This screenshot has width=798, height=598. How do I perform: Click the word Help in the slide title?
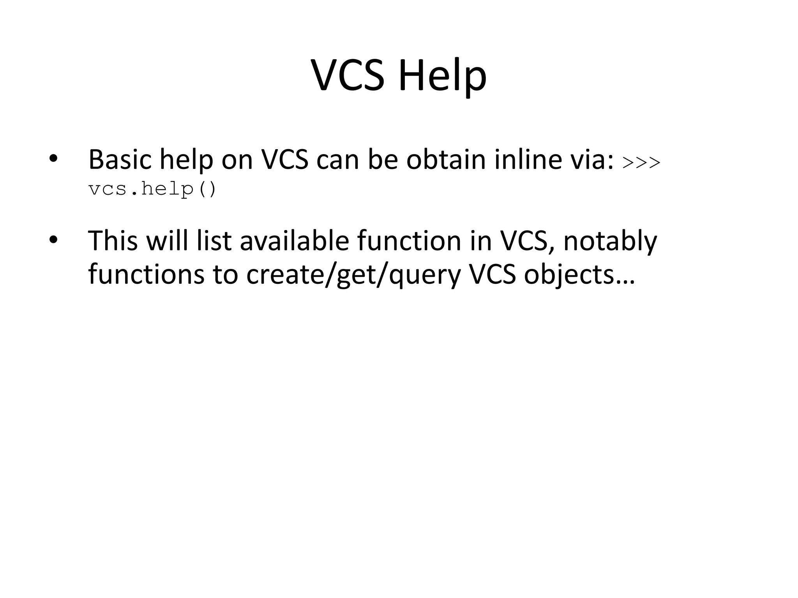[442, 76]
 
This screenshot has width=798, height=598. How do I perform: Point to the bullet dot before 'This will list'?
[53, 240]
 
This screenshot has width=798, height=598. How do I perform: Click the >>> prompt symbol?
[641, 162]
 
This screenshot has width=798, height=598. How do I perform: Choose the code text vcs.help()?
[152, 190]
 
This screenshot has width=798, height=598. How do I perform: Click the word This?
[113, 241]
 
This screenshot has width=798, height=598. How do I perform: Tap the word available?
[294, 241]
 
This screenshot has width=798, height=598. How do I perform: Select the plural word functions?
[147, 274]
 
